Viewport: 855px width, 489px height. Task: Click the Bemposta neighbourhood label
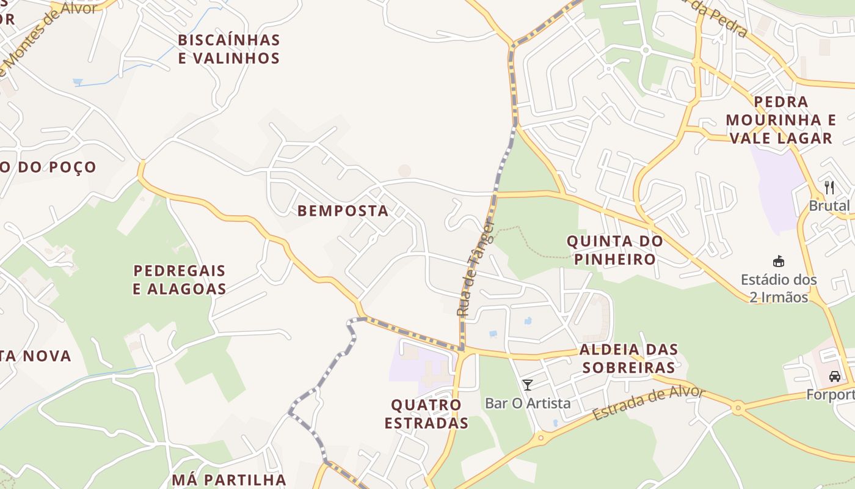pyautogui.click(x=343, y=211)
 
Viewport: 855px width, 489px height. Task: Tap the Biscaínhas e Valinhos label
pyautogui.click(x=229, y=49)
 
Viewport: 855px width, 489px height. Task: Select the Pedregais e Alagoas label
pyautogui.click(x=180, y=279)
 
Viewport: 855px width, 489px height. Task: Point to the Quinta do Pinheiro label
pyautogui.click(x=615, y=250)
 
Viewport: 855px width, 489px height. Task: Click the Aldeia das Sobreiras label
pyautogui.click(x=628, y=358)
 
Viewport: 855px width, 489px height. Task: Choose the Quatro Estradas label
pyautogui.click(x=426, y=414)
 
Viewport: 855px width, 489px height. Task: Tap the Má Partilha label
pyautogui.click(x=229, y=479)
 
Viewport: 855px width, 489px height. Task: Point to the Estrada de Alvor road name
pyautogui.click(x=649, y=403)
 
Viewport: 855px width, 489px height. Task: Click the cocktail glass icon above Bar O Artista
pyautogui.click(x=528, y=385)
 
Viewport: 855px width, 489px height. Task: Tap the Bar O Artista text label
pyautogui.click(x=528, y=403)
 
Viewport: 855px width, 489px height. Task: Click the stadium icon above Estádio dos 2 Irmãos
pyautogui.click(x=779, y=262)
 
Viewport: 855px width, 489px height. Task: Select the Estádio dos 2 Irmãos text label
pyautogui.click(x=779, y=289)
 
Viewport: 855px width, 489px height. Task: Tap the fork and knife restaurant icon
pyautogui.click(x=829, y=187)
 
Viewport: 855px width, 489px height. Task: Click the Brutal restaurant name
pyautogui.click(x=829, y=206)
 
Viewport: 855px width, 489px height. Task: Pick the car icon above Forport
pyautogui.click(x=835, y=377)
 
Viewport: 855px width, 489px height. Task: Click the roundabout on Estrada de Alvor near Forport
pyautogui.click(x=738, y=406)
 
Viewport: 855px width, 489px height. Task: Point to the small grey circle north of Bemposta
pyautogui.click(x=404, y=171)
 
